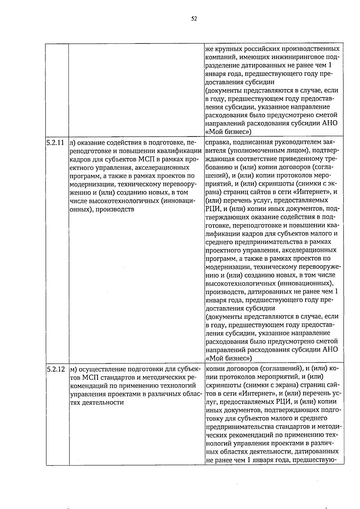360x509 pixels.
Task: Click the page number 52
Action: point(194,19)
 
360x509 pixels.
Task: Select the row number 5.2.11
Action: point(55,142)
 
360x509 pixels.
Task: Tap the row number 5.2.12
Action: point(55,369)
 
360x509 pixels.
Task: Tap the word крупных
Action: point(227,49)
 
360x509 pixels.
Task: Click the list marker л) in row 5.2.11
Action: point(73,142)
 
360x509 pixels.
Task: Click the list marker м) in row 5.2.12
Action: point(73,369)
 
